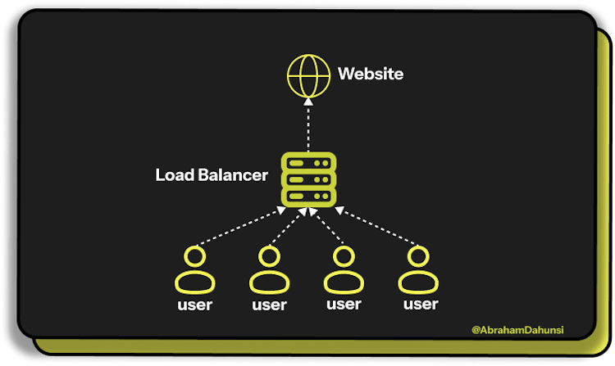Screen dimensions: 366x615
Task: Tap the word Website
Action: (x=371, y=74)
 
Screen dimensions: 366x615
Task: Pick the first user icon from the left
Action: (x=194, y=271)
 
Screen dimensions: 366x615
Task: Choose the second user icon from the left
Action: (x=269, y=271)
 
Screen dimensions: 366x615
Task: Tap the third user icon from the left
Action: (x=343, y=271)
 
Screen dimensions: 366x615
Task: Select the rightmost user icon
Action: (x=419, y=271)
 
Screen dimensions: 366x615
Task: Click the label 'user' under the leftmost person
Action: (x=194, y=305)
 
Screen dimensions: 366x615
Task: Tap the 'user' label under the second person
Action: (x=269, y=305)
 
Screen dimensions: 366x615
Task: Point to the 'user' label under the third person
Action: (x=343, y=305)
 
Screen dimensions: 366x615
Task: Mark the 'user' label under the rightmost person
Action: (x=420, y=305)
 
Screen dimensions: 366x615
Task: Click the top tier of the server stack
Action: (x=307, y=162)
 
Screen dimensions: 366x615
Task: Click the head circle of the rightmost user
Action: (x=419, y=256)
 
